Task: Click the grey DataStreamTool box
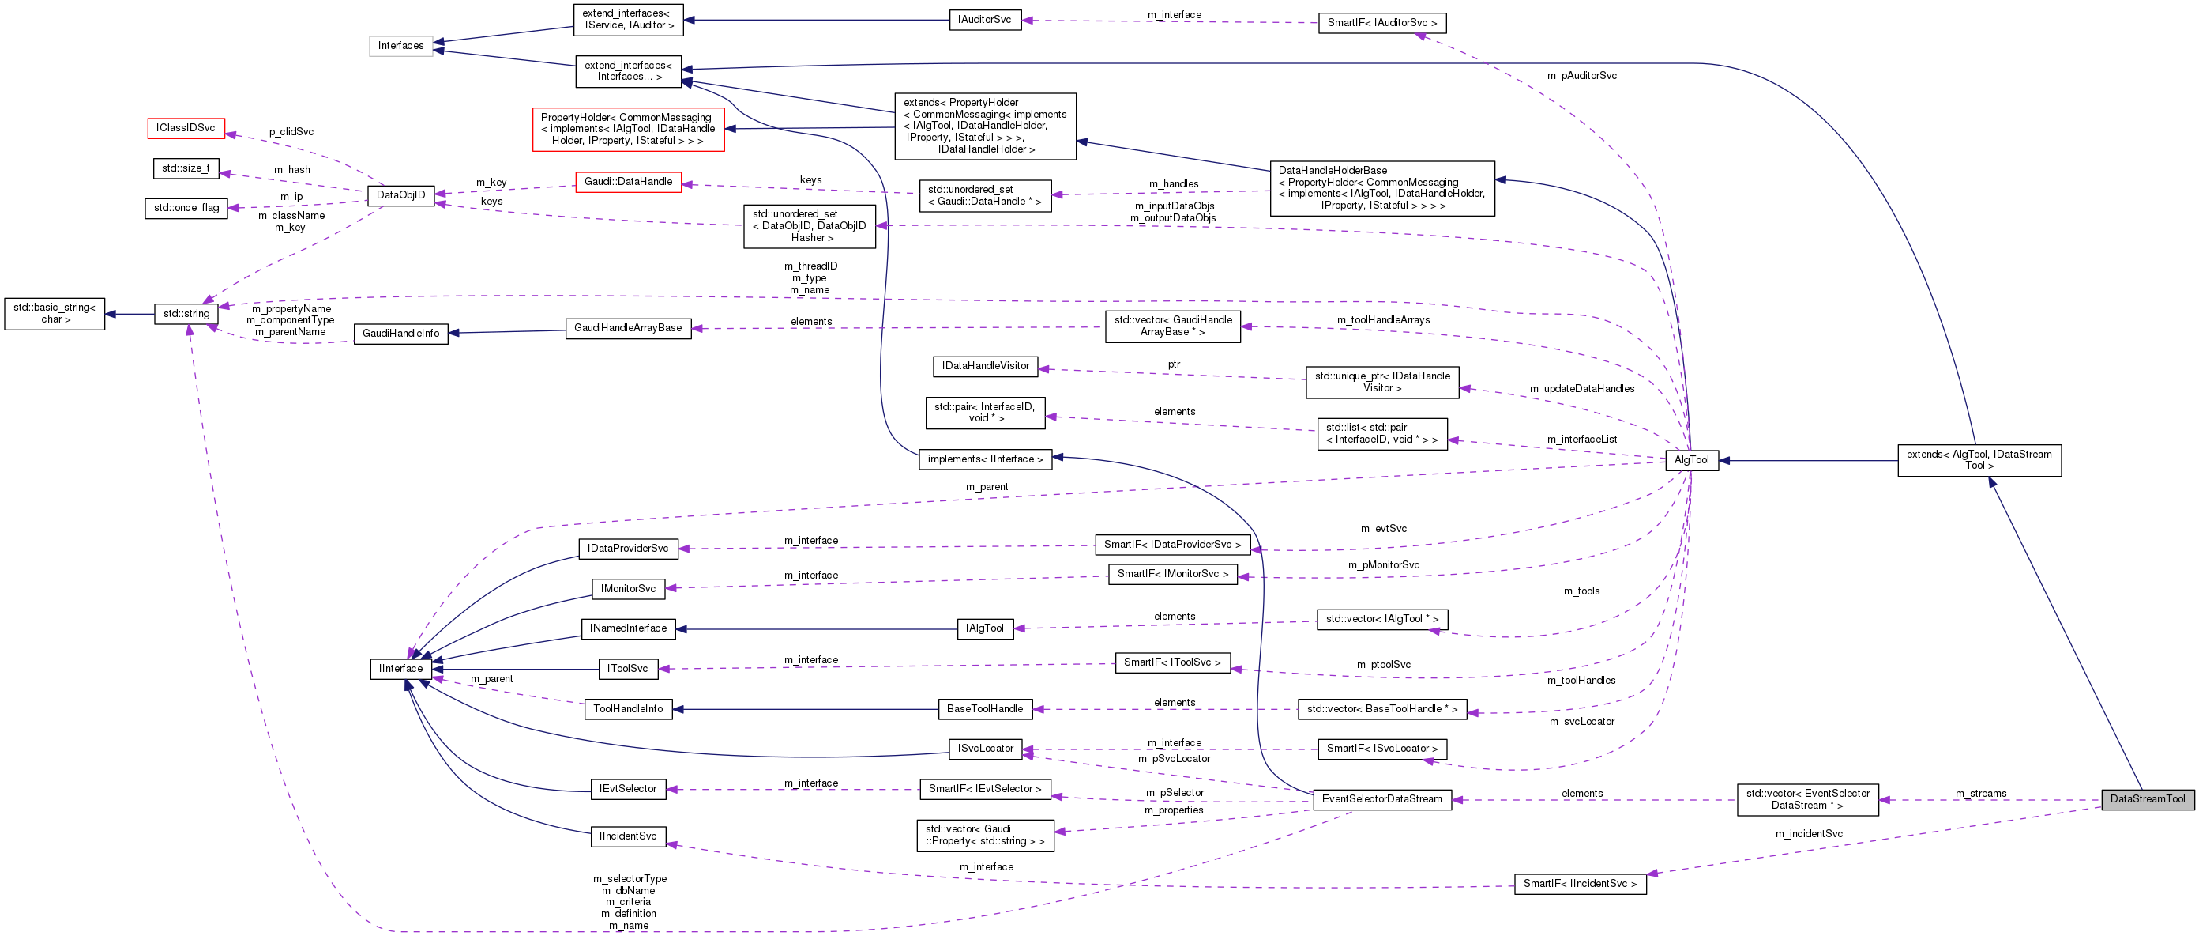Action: click(x=2147, y=799)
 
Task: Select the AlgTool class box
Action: click(x=1691, y=459)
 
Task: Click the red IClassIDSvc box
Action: click(x=186, y=128)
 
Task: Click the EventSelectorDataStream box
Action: click(x=1381, y=799)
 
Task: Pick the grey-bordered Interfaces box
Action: click(x=400, y=45)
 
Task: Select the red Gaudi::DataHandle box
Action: click(x=627, y=182)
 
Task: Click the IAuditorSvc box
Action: click(x=983, y=20)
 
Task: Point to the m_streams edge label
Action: click(x=1980, y=794)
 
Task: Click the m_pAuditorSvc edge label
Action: click(x=1581, y=76)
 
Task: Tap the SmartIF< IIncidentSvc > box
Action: click(x=1579, y=884)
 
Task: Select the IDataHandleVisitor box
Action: click(x=985, y=366)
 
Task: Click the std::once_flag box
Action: click(x=186, y=208)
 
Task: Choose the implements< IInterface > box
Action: click(x=984, y=459)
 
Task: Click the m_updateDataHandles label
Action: click(x=1581, y=389)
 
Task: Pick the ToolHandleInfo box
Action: click(x=627, y=709)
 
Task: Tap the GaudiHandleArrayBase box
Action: click(x=627, y=328)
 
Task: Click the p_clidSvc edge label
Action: click(x=291, y=132)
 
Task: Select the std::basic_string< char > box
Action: click(x=55, y=313)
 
